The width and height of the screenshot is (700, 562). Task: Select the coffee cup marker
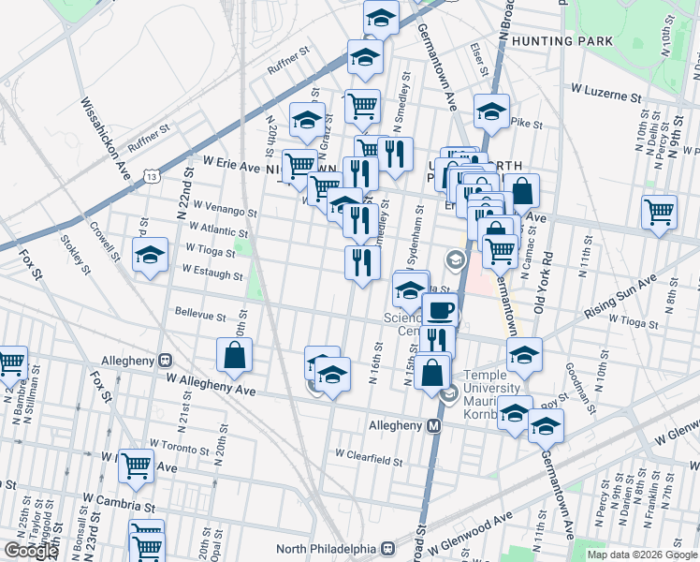(x=439, y=309)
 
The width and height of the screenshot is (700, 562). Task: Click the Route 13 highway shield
(x=153, y=175)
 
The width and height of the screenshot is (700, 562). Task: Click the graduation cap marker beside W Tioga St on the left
(x=150, y=256)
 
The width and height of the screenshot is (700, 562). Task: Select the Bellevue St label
(x=200, y=315)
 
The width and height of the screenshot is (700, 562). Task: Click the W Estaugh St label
(x=212, y=274)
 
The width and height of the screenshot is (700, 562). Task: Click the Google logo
(x=31, y=551)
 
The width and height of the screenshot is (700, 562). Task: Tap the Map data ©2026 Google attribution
(x=642, y=555)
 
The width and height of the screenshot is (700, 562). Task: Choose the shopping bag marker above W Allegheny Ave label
(x=233, y=355)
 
